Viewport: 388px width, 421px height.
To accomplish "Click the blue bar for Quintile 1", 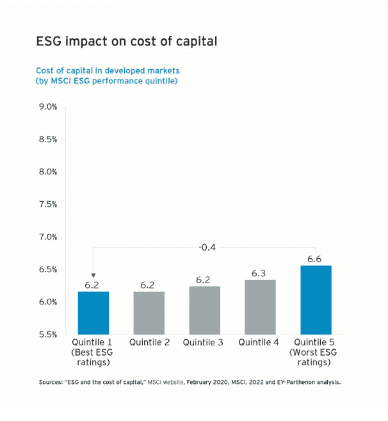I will tap(93, 313).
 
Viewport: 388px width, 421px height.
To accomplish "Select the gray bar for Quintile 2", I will tap(149, 313).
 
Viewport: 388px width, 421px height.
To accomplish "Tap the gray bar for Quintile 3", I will tap(204, 310).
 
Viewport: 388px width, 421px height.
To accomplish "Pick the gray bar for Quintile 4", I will tap(259, 307).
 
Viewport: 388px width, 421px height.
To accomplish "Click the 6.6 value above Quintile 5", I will tap(314, 259).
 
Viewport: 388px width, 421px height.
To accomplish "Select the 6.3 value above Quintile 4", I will tap(259, 274).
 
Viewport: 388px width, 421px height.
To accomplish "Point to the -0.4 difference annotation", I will tap(205, 247).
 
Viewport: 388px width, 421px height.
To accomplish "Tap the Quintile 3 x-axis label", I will tap(203, 343).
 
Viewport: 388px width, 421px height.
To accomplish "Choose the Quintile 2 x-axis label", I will tap(149, 343).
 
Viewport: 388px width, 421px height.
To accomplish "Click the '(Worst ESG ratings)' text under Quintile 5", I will tap(314, 358).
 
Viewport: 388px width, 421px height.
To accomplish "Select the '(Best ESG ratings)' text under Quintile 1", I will tap(93, 358).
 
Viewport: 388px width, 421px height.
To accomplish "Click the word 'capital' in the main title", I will tap(195, 42).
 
